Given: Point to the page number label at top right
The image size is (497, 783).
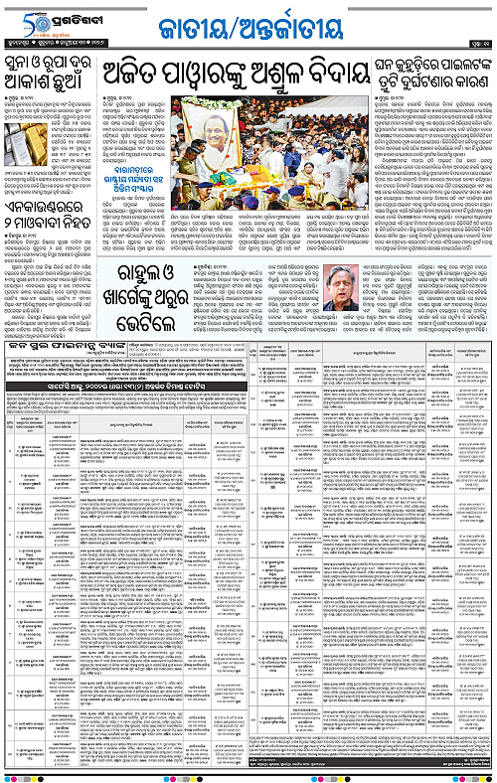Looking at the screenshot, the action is coord(476,42).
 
